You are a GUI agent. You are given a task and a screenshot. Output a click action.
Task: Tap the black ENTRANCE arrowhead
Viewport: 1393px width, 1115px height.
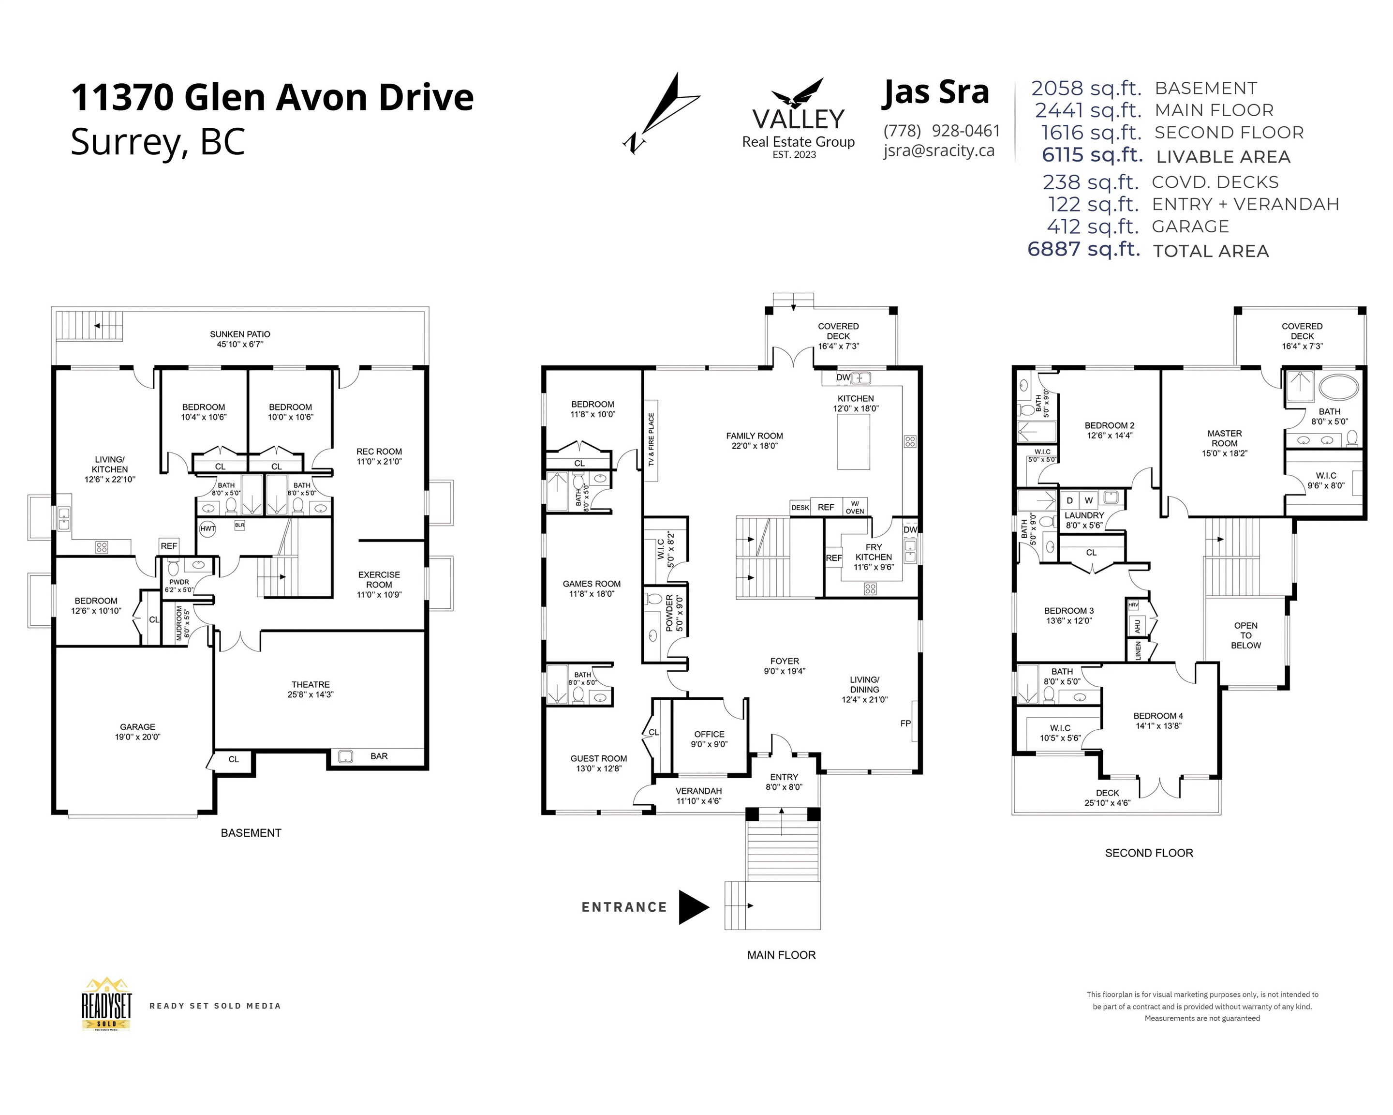pos(693,907)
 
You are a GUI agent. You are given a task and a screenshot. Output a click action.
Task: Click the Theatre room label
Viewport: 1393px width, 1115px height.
pos(311,689)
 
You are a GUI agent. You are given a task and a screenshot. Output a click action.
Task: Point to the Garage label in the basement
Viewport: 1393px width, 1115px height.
pos(138,732)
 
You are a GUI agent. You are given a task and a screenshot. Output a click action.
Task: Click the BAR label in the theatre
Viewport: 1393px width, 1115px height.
pos(379,755)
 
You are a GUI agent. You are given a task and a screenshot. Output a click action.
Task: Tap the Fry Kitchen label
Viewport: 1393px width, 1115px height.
pos(874,557)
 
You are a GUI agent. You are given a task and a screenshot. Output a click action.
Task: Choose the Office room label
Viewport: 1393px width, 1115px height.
pos(710,739)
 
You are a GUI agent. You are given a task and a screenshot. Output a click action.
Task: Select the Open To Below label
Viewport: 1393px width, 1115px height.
pos(1245,635)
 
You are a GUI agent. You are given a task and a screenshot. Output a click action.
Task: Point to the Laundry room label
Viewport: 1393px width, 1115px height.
pos(1084,520)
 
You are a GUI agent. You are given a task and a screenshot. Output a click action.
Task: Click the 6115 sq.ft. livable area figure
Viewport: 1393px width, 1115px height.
pos(1093,155)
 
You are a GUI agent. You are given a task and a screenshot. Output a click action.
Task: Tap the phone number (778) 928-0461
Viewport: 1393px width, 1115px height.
pos(941,131)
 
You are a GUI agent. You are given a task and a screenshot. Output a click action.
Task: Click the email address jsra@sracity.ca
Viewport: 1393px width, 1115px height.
pos(939,151)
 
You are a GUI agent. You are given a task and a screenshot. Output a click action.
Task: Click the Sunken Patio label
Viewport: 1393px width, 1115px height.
pos(240,339)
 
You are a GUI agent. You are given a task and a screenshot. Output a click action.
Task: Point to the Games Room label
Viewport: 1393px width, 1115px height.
pos(592,588)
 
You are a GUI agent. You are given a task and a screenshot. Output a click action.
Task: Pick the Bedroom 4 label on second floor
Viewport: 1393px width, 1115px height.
pos(1158,721)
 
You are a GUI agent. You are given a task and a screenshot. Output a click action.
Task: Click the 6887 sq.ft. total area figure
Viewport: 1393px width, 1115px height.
pos(1083,250)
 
